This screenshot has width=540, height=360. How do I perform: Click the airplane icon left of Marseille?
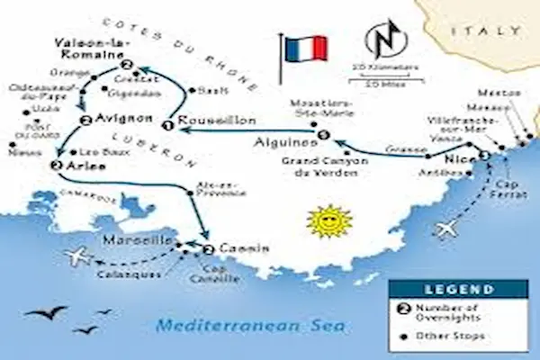click(x=79, y=256)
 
